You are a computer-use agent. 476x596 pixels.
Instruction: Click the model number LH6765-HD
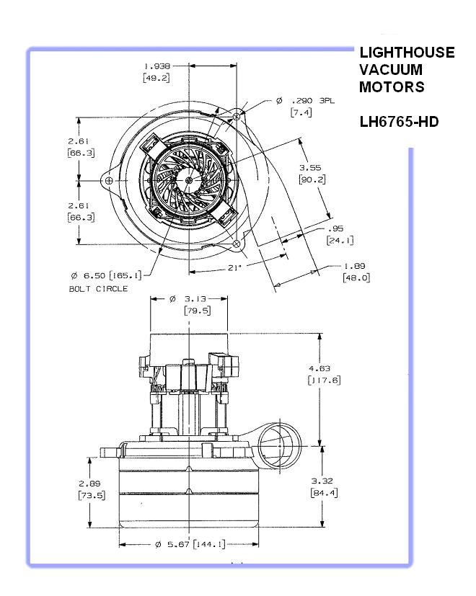(399, 122)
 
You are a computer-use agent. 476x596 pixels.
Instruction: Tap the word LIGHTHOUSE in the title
(407, 53)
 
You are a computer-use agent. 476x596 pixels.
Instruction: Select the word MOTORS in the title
(392, 87)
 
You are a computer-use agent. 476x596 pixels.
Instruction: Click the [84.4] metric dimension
(322, 493)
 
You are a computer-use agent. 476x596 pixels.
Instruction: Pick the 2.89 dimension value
(91, 482)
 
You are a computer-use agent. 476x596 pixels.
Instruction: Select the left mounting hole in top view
(108, 180)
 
